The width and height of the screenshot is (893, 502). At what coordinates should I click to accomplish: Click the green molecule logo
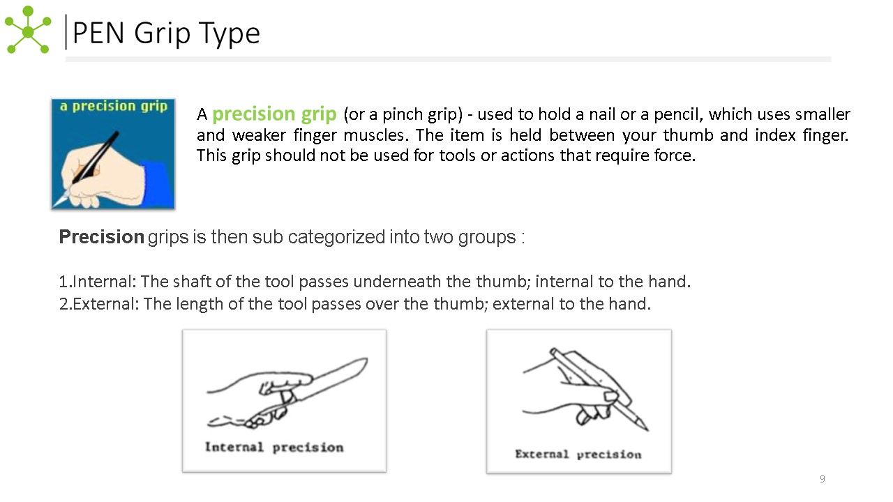[x=28, y=30]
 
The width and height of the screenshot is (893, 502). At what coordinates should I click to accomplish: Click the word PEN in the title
[x=98, y=33]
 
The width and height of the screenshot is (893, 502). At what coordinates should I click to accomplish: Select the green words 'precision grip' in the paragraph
[x=274, y=114]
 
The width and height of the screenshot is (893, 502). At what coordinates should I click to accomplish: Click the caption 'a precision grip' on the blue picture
[x=114, y=107]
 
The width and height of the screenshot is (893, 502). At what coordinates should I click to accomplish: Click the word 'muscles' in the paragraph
[x=376, y=135]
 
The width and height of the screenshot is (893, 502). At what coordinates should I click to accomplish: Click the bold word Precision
[x=102, y=236]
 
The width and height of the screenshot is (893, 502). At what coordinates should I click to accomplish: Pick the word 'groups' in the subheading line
[x=487, y=238]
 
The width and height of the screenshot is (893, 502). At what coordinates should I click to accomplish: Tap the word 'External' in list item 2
[x=105, y=304]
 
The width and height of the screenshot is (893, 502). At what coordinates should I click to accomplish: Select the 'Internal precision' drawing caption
[x=274, y=448]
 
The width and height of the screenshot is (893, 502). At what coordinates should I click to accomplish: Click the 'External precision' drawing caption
[x=578, y=455]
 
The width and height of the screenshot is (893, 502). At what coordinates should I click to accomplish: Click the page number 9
[x=822, y=479]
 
